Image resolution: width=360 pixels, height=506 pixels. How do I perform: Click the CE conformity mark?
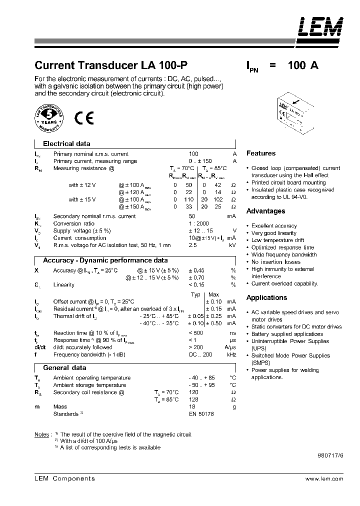pyautogui.click(x=81, y=118)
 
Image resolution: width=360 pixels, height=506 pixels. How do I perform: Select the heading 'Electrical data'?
pyautogui.click(x=66, y=143)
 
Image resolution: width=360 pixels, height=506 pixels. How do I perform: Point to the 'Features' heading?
pyautogui.click(x=261, y=153)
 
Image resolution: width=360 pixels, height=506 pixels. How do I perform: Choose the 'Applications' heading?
pyautogui.click(x=266, y=297)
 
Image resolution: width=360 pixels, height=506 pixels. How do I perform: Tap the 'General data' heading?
pyautogui.click(x=64, y=368)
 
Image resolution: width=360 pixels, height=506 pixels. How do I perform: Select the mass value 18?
pyautogui.click(x=192, y=407)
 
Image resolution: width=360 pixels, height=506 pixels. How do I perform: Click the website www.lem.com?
pyautogui.click(x=324, y=479)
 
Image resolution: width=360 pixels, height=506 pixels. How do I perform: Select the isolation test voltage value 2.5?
pyautogui.click(x=192, y=245)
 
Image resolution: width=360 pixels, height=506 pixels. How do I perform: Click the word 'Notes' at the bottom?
pyautogui.click(x=41, y=434)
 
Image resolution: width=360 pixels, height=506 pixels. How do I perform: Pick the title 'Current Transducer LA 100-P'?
pyautogui.click(x=111, y=65)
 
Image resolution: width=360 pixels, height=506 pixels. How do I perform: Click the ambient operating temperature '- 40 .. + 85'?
pyautogui.click(x=201, y=378)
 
